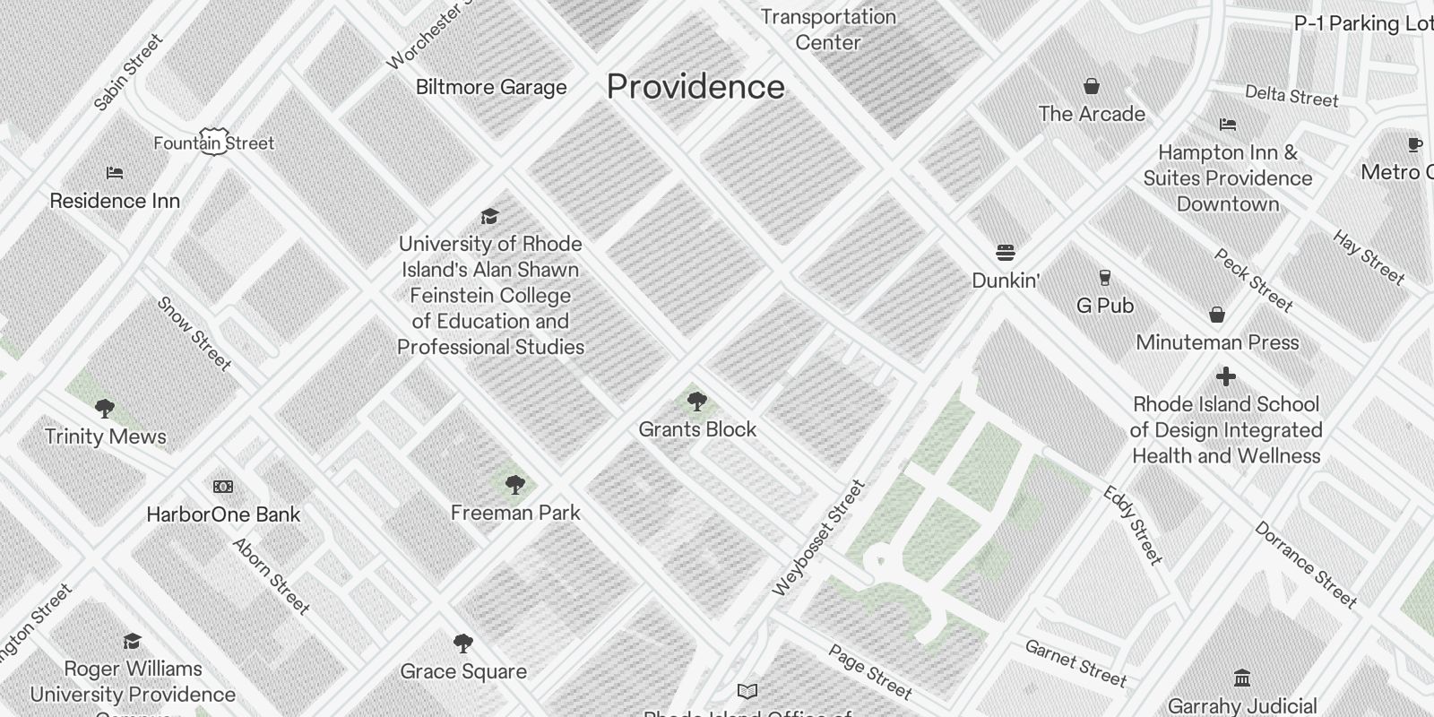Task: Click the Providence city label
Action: (x=695, y=87)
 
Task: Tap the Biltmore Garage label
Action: (x=491, y=87)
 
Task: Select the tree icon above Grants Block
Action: (x=696, y=401)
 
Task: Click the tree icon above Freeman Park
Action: (x=514, y=485)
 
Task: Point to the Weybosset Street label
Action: (x=818, y=538)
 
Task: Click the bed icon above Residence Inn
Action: (x=115, y=173)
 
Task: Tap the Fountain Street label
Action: (x=214, y=143)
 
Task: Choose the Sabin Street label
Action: (x=128, y=73)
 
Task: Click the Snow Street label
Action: (x=194, y=333)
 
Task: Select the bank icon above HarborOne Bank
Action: (x=223, y=487)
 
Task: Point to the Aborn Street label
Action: (x=271, y=576)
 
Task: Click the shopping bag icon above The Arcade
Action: (x=1092, y=87)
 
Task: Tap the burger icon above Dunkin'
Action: (x=1006, y=253)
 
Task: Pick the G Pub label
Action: (x=1105, y=306)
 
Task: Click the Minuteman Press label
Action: (x=1217, y=342)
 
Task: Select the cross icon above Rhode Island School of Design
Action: (x=1226, y=376)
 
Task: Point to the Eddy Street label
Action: (x=1133, y=525)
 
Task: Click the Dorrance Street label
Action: (x=1306, y=565)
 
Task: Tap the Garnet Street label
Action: (x=1075, y=663)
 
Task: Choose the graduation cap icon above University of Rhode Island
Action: (x=489, y=216)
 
